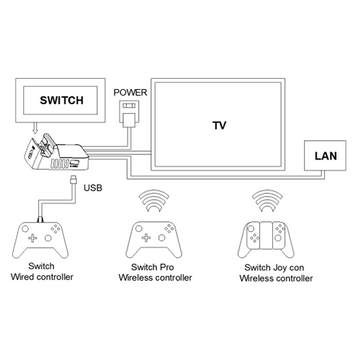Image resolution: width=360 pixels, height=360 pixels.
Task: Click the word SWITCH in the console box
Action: [62, 100]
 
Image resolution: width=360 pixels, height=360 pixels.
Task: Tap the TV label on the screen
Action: [219, 126]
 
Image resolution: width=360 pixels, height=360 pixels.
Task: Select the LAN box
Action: [325, 156]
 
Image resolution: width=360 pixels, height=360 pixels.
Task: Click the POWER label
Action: [130, 92]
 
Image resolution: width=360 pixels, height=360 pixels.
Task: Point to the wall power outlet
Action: [129, 112]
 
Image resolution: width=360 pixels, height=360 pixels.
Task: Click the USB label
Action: [92, 187]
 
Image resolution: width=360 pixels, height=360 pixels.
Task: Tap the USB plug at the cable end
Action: [74, 179]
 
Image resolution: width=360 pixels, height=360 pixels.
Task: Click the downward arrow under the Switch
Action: [35, 128]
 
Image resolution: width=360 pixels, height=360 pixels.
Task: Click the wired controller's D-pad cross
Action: [33, 238]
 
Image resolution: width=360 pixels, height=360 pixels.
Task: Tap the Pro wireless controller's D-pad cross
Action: [146, 238]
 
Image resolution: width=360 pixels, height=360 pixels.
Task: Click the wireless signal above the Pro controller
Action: [154, 201]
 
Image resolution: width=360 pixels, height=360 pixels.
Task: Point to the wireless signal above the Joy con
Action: [268, 201]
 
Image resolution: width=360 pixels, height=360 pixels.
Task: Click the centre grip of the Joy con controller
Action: [266, 235]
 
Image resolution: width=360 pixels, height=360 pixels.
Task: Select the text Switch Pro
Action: [152, 267]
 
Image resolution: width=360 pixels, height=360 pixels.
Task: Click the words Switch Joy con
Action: [274, 268]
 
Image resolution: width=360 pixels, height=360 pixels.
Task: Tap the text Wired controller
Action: [42, 277]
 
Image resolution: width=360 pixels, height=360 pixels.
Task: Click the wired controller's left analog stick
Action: [25, 228]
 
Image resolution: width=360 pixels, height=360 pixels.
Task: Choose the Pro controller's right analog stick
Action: [161, 238]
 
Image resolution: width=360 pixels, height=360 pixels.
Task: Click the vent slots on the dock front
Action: [59, 164]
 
